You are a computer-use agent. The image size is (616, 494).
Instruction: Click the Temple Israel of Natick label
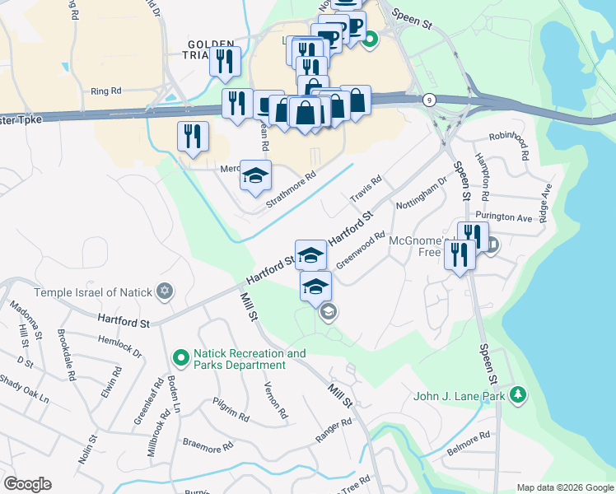tap(95, 292)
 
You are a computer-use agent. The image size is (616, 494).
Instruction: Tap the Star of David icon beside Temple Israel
tap(166, 291)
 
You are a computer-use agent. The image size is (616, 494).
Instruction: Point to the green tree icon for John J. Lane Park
tap(517, 395)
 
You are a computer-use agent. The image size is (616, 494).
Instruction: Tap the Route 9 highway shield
tap(429, 100)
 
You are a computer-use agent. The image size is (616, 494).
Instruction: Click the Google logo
tap(27, 484)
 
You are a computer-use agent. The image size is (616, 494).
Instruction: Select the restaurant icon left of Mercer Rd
tap(193, 136)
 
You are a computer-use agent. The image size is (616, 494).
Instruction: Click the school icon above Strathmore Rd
tap(256, 175)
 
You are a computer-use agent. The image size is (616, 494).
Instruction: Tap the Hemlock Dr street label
tap(120, 347)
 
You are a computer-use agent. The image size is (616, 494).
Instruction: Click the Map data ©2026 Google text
tap(564, 487)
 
